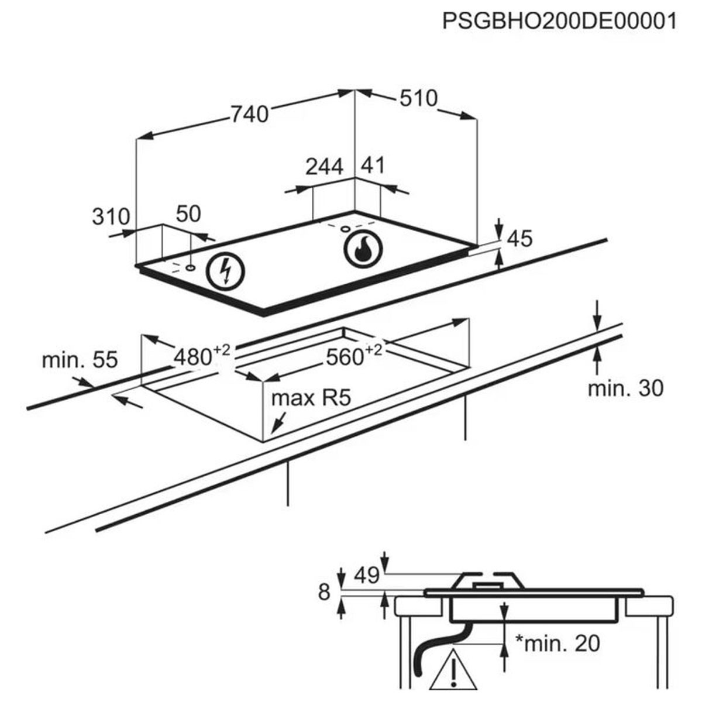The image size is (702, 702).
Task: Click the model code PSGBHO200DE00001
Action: (559, 22)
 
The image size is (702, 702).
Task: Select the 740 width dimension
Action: (249, 114)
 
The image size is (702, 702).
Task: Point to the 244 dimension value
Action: (325, 167)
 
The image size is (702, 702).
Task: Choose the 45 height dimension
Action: (519, 239)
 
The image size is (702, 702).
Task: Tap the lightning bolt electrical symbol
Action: (226, 271)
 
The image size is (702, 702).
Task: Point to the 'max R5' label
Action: (311, 399)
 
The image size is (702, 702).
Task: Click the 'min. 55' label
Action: (80, 359)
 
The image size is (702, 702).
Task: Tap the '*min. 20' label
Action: (557, 643)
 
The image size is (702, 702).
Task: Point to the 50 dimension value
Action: (188, 214)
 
